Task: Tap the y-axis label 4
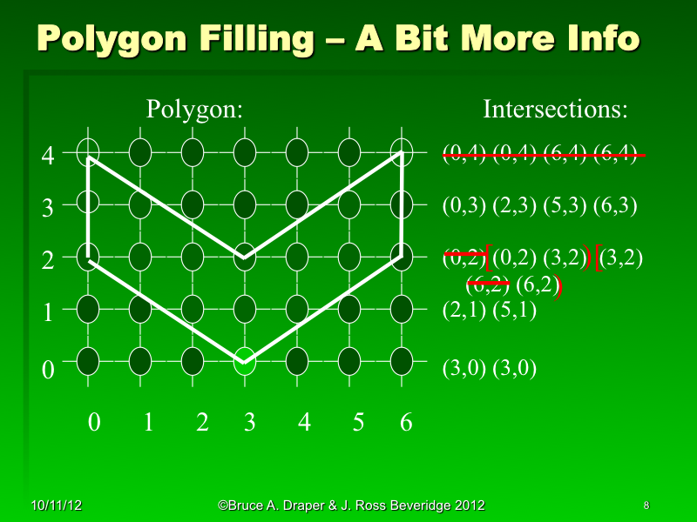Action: pos(49,157)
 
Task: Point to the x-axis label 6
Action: pos(405,423)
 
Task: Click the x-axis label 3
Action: pos(249,423)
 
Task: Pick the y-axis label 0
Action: pos(49,369)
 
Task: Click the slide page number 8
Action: pos(646,505)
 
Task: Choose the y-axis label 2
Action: pos(49,260)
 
